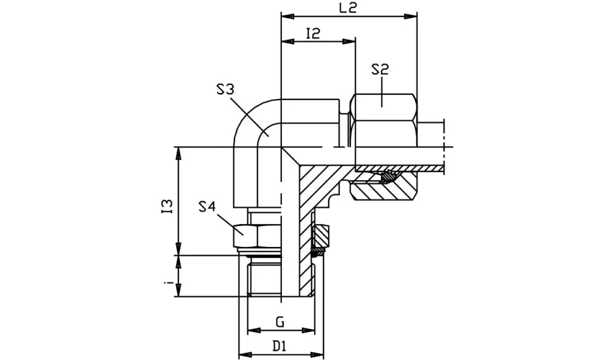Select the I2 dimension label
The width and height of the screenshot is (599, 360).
[313, 33]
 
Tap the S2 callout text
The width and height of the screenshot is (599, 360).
[380, 70]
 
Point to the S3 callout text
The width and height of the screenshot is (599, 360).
[225, 90]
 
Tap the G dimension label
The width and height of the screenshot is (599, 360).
[280, 321]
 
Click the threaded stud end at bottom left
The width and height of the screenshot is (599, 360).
[264, 278]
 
